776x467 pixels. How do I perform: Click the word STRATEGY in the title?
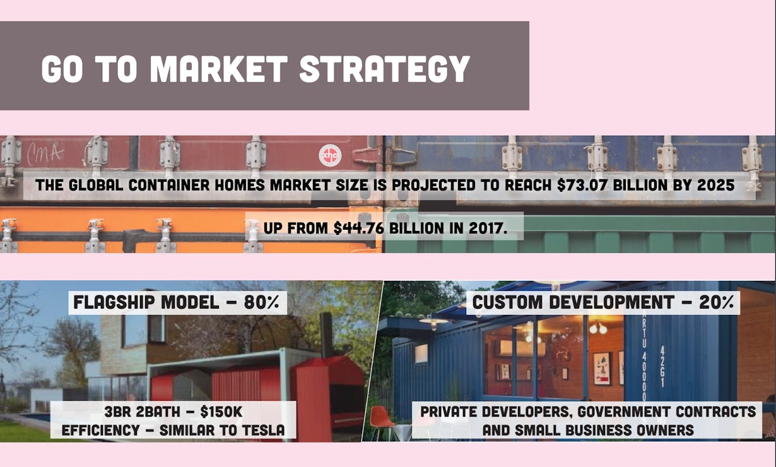[x=385, y=69]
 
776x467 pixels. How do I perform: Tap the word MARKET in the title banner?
[x=218, y=69]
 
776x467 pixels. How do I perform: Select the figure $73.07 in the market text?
[x=582, y=185]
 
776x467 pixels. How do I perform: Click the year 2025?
[x=715, y=185]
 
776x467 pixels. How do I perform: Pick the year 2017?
[x=488, y=228]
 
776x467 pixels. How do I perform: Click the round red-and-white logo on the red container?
[x=330, y=155]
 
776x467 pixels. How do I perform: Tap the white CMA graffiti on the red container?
[x=45, y=153]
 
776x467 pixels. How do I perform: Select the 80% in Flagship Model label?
[x=262, y=302]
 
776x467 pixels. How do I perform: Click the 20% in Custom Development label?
[x=716, y=302]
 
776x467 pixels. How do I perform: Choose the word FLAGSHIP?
[x=114, y=302]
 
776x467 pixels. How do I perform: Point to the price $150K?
[x=221, y=412]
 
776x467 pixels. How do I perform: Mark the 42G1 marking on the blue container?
[x=662, y=367]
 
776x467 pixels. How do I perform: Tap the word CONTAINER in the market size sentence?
[x=168, y=185]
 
